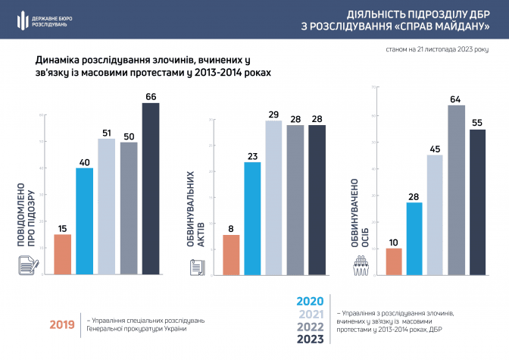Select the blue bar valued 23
point(252,217)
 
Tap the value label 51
point(107,132)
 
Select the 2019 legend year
point(62,324)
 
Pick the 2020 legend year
point(311,302)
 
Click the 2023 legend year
point(311,340)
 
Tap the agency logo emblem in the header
point(22,21)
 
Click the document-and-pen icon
point(28,265)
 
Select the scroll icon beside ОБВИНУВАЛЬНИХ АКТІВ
point(195,266)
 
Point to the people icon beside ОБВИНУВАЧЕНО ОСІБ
point(362,265)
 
